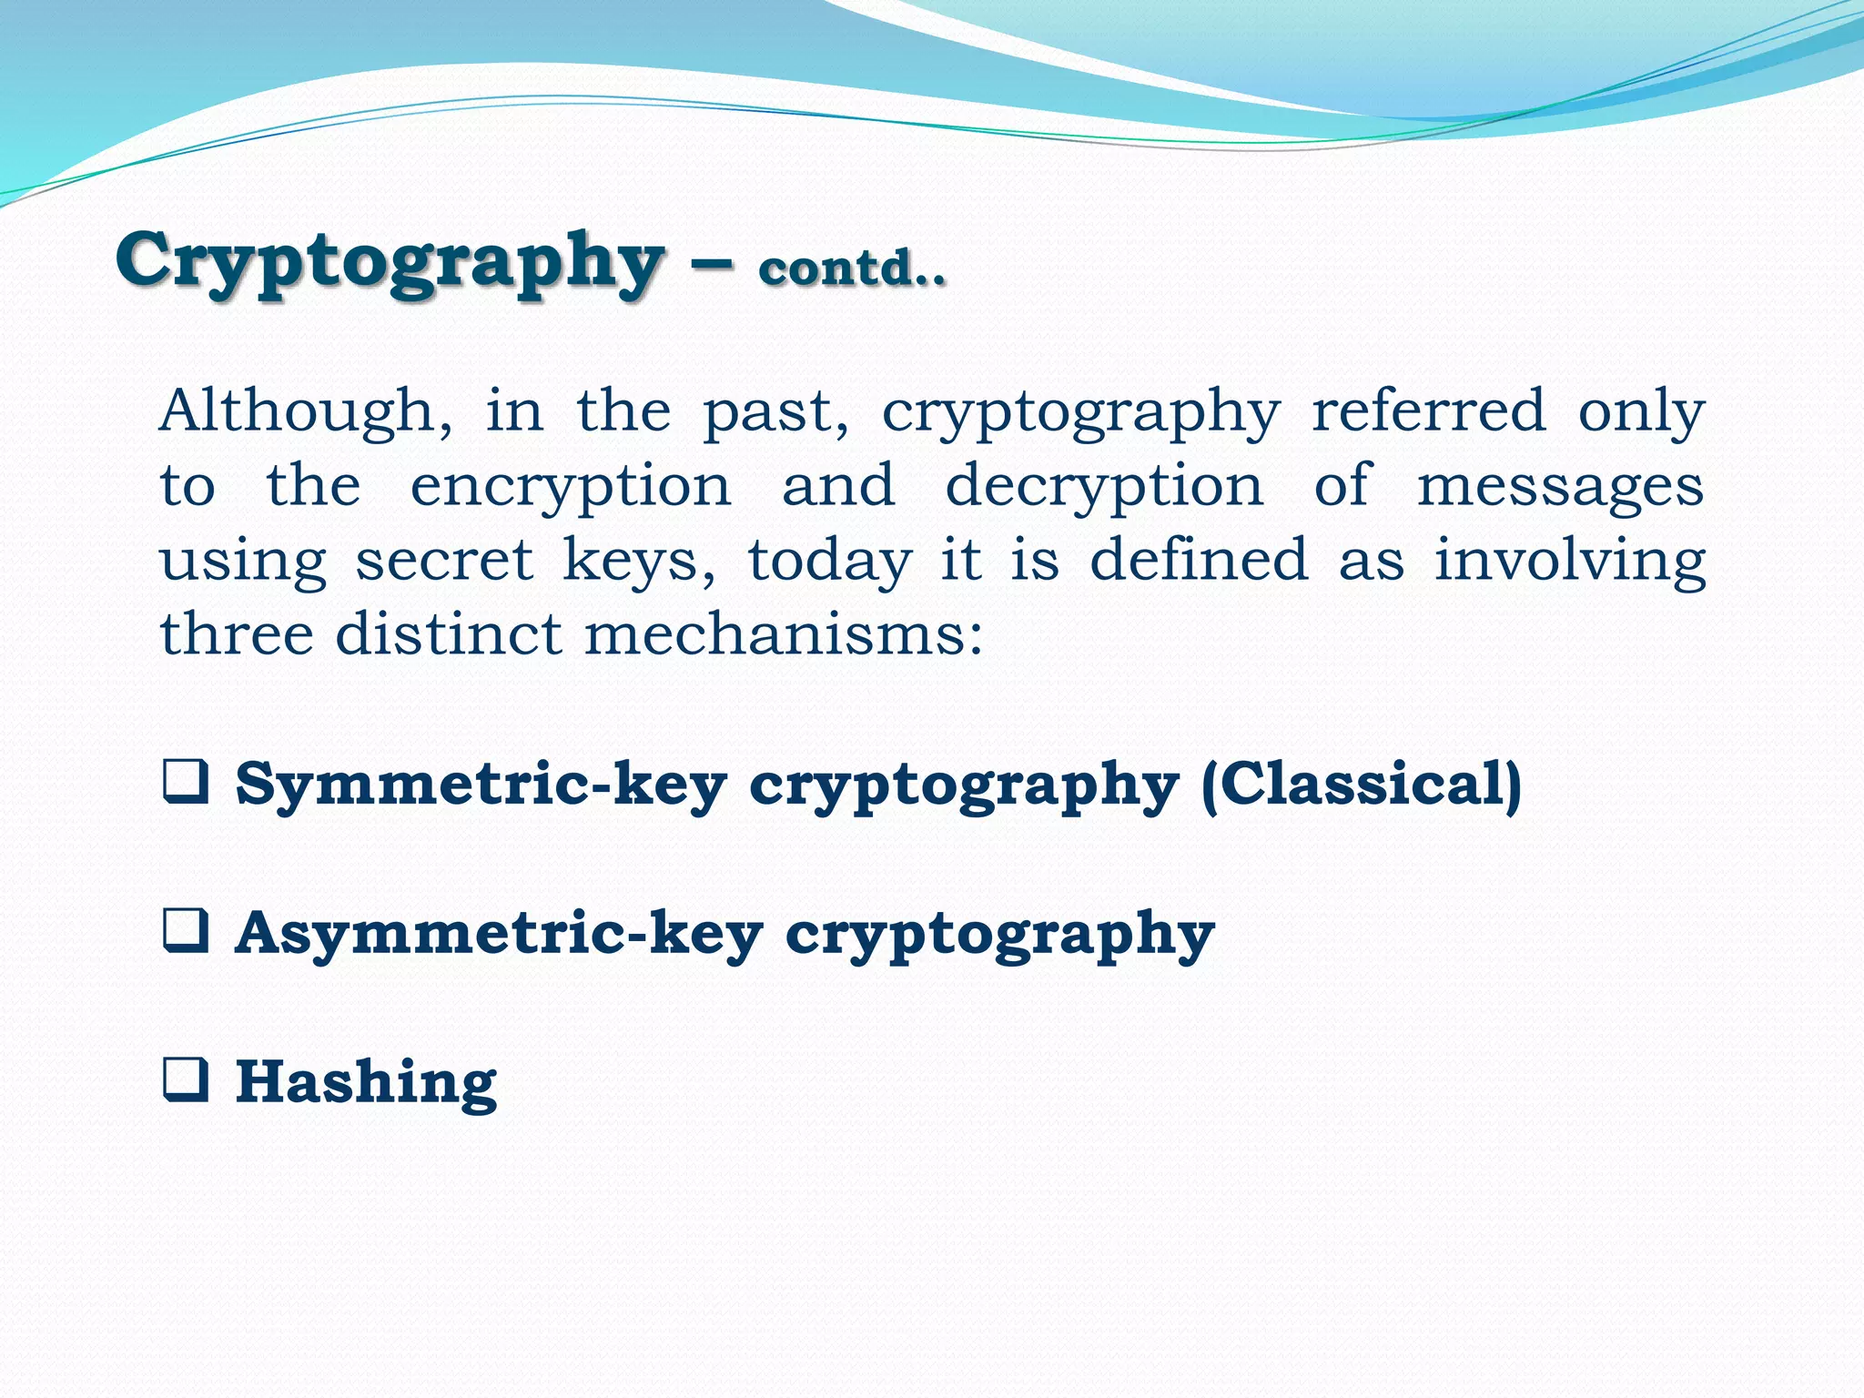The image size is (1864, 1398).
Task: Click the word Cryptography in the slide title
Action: pyautogui.click(x=389, y=262)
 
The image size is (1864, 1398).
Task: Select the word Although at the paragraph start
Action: pyautogui.click(x=306, y=411)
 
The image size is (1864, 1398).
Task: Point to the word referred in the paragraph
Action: pyautogui.click(x=1428, y=411)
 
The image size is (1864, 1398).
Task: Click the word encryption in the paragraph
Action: pyautogui.click(x=571, y=488)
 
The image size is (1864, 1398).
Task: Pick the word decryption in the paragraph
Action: pyautogui.click(x=1104, y=488)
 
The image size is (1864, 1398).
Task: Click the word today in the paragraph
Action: pyautogui.click(x=829, y=562)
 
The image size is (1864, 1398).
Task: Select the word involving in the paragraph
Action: pyautogui.click(x=1570, y=562)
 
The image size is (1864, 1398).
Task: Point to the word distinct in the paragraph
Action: pyautogui.click(x=449, y=634)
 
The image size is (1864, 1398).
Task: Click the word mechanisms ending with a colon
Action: pyautogui.click(x=784, y=634)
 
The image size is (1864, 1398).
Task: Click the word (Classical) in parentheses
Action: pyautogui.click(x=1361, y=785)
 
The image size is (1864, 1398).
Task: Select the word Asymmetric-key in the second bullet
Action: pyautogui.click(x=499, y=934)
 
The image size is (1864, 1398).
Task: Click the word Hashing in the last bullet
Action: pyautogui.click(x=366, y=1082)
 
